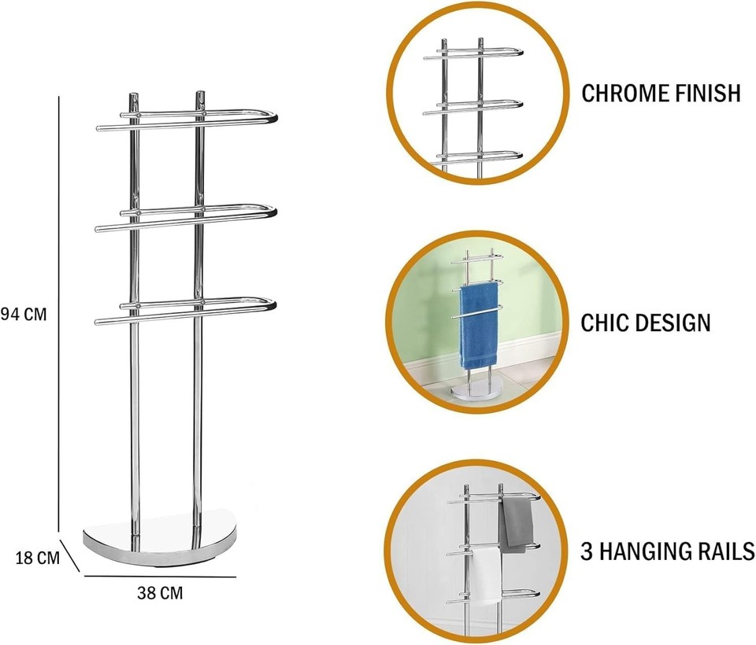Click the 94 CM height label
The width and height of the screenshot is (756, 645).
coord(24,315)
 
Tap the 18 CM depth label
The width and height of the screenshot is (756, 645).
coord(38,558)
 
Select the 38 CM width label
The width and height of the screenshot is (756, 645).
coord(160,594)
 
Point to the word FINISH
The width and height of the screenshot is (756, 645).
coord(708,93)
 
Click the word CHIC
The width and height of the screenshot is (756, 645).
coord(606,322)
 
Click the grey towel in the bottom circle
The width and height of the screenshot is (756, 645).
coord(516,523)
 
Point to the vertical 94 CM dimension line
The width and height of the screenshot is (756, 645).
coord(60,315)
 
